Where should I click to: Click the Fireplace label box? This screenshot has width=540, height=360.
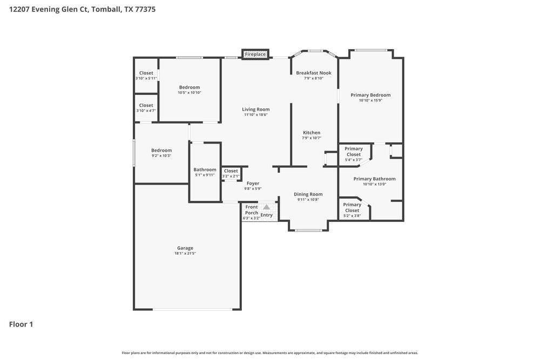[x=255, y=54]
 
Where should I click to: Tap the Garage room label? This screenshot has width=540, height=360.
[x=185, y=248]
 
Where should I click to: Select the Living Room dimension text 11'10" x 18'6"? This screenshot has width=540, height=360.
[x=255, y=114]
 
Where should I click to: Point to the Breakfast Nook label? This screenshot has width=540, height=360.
[x=313, y=73]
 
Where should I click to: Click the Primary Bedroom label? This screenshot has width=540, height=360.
[x=370, y=95]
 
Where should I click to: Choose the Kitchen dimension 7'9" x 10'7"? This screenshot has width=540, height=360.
[x=312, y=138]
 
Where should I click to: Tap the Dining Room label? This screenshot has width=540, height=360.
[x=308, y=194]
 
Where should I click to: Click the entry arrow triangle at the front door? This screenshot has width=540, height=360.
[x=266, y=207]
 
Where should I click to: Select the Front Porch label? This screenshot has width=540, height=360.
[x=252, y=210]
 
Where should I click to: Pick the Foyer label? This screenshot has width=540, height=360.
[x=253, y=184]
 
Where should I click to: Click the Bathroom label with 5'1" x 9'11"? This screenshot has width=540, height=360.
[x=205, y=169]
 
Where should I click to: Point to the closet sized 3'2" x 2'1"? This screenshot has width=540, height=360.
[x=231, y=173]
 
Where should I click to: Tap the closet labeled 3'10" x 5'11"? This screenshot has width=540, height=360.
[x=146, y=76]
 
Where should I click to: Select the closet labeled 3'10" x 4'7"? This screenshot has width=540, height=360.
[x=146, y=108]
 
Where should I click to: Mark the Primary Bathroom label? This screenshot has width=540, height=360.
[x=374, y=179]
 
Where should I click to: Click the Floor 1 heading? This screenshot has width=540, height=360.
[x=21, y=324]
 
